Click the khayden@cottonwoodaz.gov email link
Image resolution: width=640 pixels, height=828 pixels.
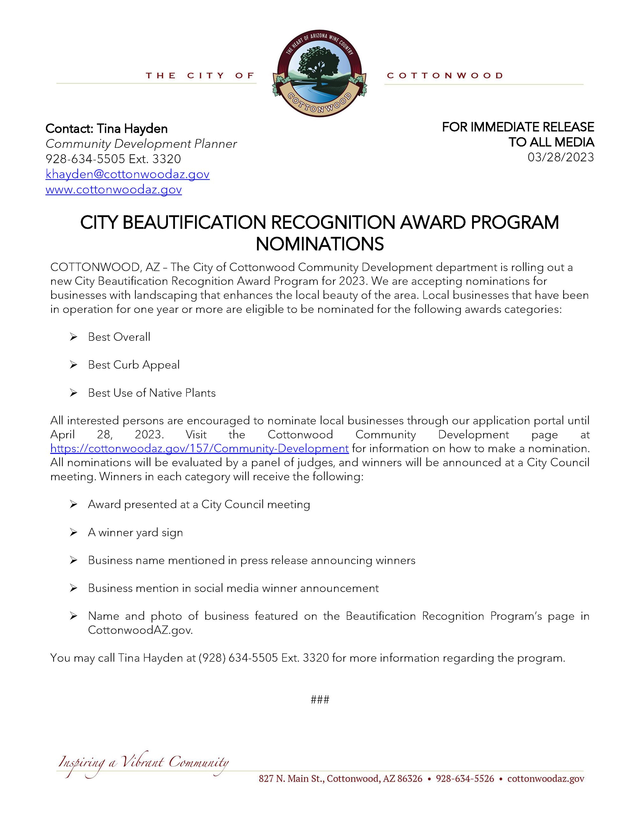click(x=127, y=175)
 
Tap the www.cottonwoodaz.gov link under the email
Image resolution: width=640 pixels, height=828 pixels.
click(x=113, y=189)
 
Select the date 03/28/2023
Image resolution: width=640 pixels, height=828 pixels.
click(x=560, y=157)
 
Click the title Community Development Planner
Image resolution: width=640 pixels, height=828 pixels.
click(x=141, y=144)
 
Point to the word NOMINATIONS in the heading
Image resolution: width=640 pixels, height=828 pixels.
click(x=320, y=244)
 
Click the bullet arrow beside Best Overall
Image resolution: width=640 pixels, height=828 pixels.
click(x=73, y=337)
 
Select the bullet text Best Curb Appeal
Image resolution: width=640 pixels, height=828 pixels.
click(x=133, y=365)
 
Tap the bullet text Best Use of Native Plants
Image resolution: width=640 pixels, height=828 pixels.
click(x=152, y=393)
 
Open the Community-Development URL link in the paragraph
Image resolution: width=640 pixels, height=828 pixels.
click(x=199, y=448)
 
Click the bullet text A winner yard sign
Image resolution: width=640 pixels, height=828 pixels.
click(x=135, y=532)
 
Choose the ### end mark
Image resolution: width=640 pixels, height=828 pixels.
click(x=320, y=699)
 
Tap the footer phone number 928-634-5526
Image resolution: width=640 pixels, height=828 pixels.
click(x=465, y=779)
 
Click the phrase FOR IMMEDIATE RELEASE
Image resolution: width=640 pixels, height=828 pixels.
click(x=518, y=127)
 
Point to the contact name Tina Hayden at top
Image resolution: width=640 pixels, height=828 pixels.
click(x=132, y=129)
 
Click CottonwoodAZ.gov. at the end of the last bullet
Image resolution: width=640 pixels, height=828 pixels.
click(x=140, y=630)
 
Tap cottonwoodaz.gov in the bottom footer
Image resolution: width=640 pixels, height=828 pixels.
click(x=546, y=779)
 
